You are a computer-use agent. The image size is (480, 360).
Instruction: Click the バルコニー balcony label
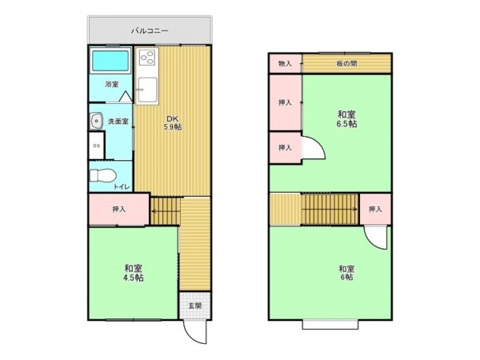[150, 31]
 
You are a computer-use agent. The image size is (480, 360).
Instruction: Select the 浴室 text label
[111, 84]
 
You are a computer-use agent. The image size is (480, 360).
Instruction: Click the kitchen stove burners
[147, 58]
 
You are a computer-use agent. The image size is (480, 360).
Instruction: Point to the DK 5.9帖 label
[173, 122]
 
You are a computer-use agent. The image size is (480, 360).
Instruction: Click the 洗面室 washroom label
[118, 122]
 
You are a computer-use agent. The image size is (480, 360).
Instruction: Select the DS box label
[96, 146]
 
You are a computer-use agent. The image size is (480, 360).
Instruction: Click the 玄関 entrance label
[194, 305]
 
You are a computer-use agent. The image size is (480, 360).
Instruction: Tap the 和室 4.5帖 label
[134, 273]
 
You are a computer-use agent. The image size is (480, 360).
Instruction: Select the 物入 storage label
[284, 63]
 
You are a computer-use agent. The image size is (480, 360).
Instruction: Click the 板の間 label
[346, 63]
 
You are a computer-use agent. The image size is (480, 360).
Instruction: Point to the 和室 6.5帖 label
[346, 118]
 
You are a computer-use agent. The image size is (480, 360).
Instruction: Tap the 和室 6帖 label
[346, 273]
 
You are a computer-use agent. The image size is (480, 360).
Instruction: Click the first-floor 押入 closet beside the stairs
[118, 209]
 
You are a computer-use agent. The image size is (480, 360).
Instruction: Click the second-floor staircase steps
[328, 210]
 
